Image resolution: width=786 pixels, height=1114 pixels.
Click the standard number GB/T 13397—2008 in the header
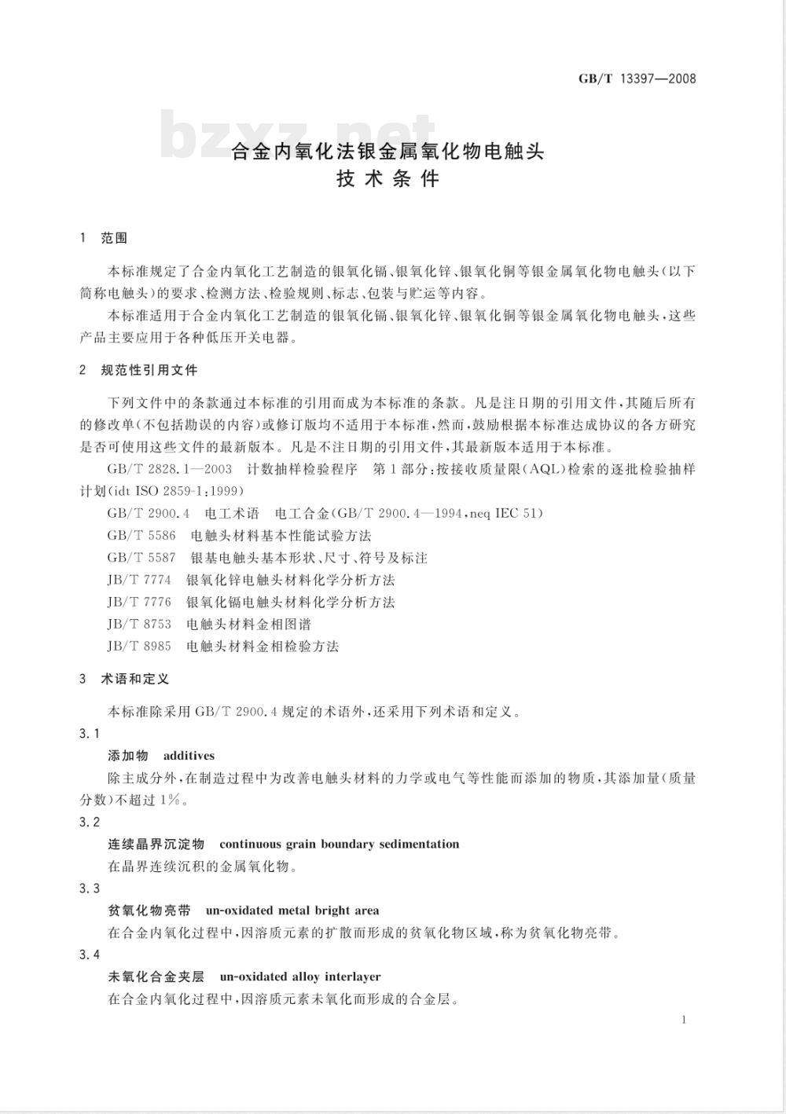tap(637, 79)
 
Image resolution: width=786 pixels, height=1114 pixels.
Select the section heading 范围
tap(115, 238)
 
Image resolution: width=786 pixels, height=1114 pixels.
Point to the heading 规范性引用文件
tap(149, 370)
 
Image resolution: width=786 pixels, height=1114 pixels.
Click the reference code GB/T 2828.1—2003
tap(169, 469)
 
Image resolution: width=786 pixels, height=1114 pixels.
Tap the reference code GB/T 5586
tap(141, 536)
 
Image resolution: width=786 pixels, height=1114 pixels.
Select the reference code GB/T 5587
tap(141, 558)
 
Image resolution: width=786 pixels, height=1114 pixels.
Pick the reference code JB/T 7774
tap(139, 580)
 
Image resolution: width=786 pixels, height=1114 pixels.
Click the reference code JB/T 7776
tap(139, 602)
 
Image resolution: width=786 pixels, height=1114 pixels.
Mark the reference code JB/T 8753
tap(139, 625)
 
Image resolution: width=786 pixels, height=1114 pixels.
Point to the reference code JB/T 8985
tap(139, 647)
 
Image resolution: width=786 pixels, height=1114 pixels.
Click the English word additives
tap(189, 756)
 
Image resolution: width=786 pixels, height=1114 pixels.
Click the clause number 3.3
tap(90, 889)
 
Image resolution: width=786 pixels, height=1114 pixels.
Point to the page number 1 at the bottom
tap(685, 1020)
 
